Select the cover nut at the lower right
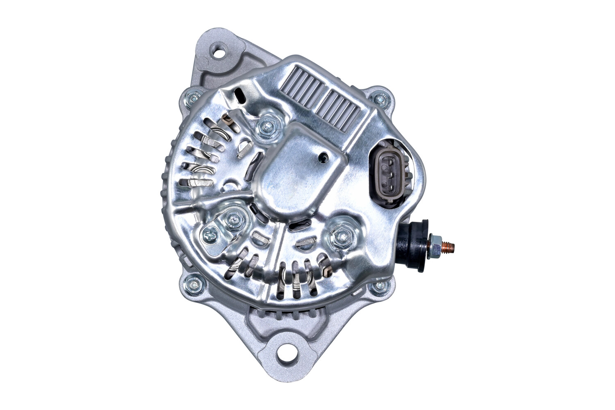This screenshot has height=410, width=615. coord(341,235)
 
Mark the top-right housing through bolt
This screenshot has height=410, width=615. coord(379,99)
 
